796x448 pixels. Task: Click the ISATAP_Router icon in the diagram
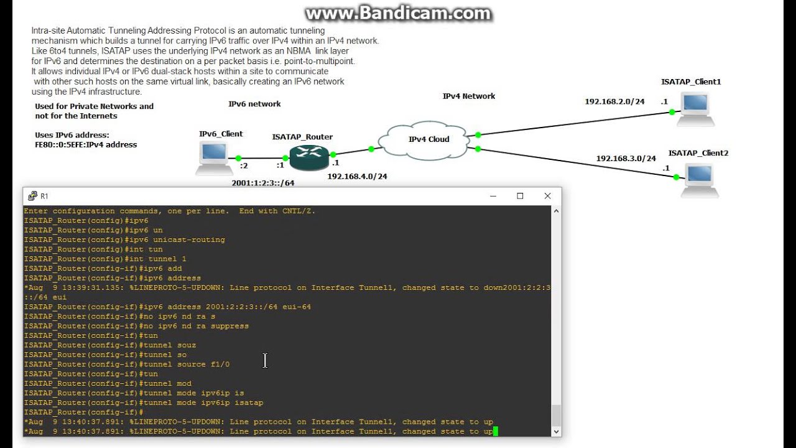tap(308, 158)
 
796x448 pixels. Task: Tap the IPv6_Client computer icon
tap(215, 157)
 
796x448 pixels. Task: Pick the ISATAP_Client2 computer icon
tap(700, 179)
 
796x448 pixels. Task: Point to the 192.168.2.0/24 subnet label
tap(614, 101)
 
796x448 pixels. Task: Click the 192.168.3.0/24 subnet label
tap(626, 159)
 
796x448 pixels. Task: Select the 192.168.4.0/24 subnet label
tap(357, 177)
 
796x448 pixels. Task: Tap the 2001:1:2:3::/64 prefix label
tap(263, 183)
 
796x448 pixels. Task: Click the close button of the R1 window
tap(547, 196)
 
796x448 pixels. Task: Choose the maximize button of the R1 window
tap(520, 196)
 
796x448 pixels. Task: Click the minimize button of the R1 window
tap(493, 196)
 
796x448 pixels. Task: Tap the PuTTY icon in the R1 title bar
tap(32, 196)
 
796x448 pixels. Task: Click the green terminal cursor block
tap(496, 431)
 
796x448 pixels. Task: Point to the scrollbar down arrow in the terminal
tap(556, 431)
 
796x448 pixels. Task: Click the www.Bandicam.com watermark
tap(398, 14)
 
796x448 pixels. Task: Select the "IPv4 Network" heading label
tap(469, 96)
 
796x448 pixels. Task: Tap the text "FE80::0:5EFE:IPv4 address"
tap(86, 145)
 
